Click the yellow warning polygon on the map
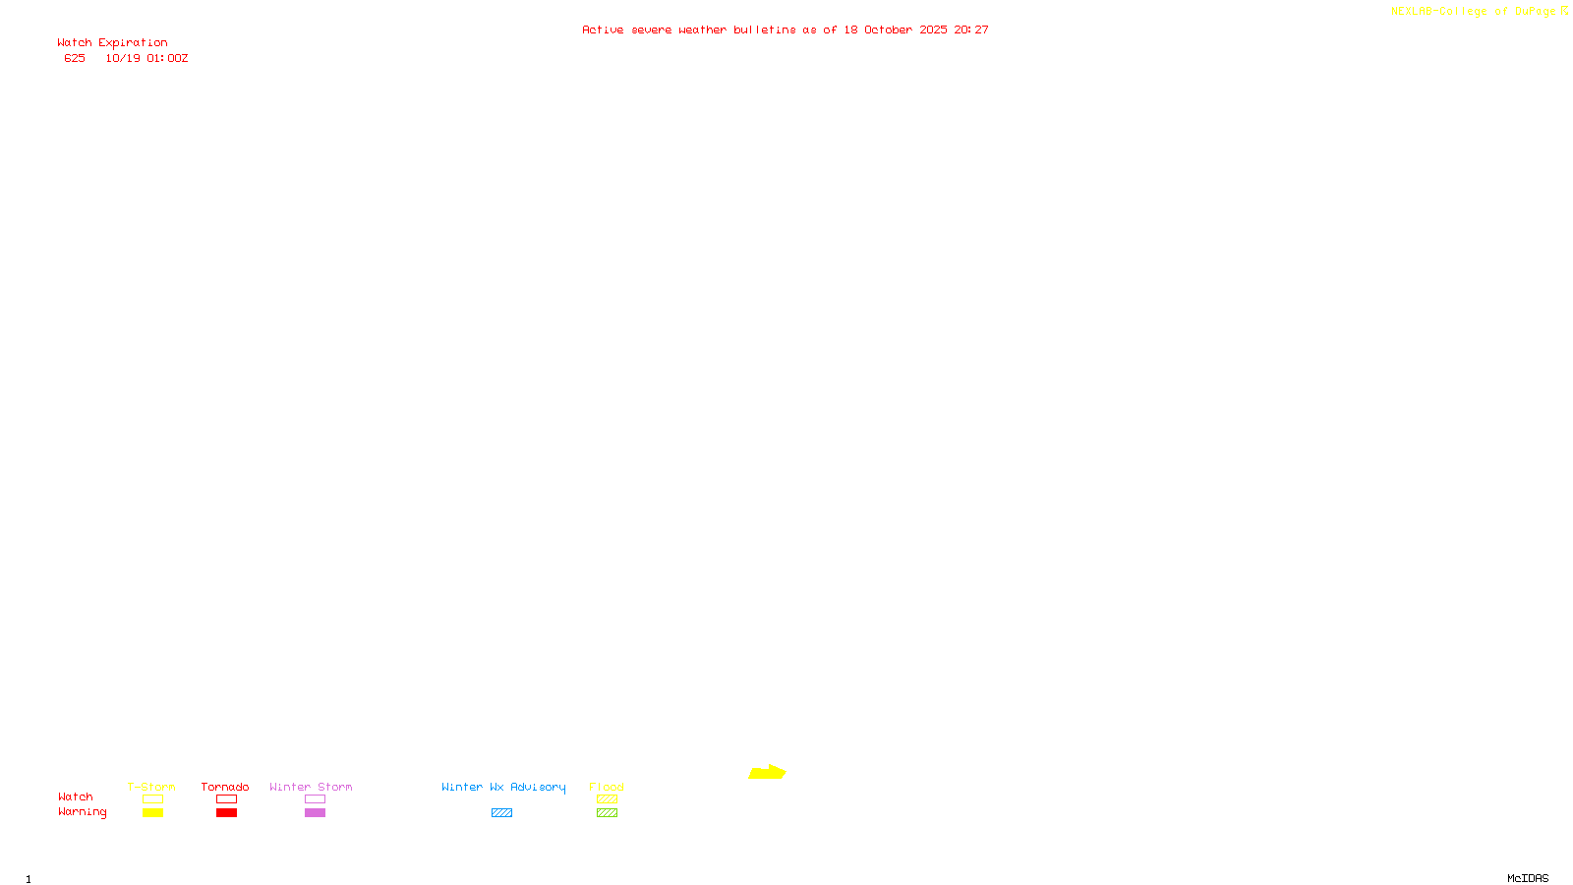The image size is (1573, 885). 767,773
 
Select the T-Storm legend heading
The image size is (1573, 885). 151,787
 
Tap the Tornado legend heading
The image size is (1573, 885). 225,787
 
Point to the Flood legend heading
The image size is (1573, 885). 607,787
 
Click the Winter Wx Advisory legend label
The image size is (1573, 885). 503,787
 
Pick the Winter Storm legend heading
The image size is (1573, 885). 311,787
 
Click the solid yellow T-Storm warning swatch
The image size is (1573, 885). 152,813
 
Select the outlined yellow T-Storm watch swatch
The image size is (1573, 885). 152,799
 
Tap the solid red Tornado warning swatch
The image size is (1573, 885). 226,813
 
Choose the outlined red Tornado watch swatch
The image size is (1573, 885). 226,799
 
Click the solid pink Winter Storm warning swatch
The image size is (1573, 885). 315,813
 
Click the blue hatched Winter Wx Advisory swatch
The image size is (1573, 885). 501,813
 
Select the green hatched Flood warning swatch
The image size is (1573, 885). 607,813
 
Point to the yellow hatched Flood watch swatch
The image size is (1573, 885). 607,799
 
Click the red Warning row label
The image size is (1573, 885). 82,812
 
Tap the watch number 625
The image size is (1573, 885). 75,58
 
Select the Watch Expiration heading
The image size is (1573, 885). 112,43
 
